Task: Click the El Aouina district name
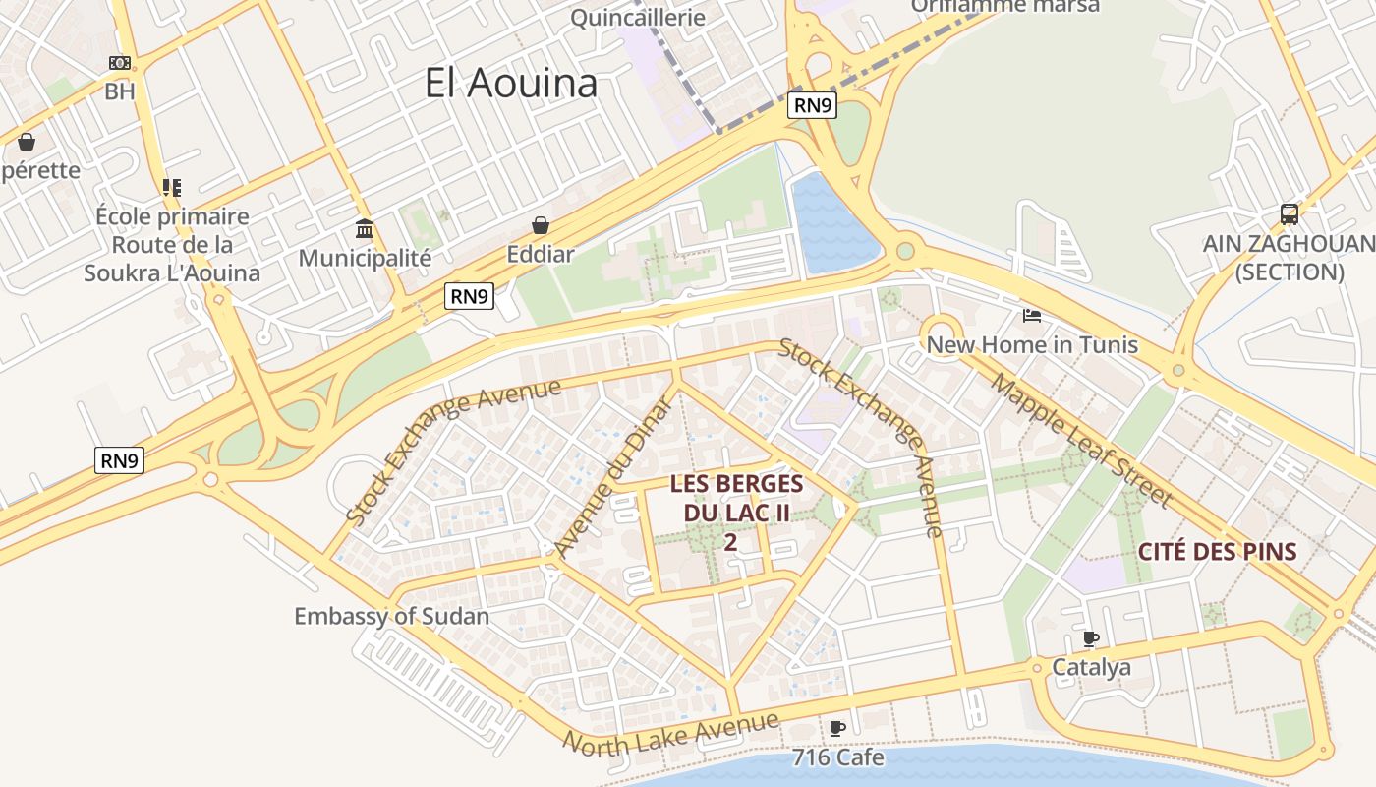pyautogui.click(x=511, y=83)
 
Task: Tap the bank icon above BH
pyautogui.click(x=120, y=63)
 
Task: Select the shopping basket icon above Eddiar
pyautogui.click(x=540, y=225)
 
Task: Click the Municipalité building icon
pyautogui.click(x=365, y=229)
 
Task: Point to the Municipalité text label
pyautogui.click(x=365, y=258)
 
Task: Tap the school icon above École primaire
pyautogui.click(x=172, y=187)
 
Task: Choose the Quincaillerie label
pyautogui.click(x=638, y=17)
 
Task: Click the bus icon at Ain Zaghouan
pyautogui.click(x=1289, y=213)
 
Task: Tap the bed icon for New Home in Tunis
pyautogui.click(x=1032, y=316)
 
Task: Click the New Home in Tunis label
pyautogui.click(x=1032, y=345)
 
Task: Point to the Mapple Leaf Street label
pyautogui.click(x=1081, y=441)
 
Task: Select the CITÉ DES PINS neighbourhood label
pyautogui.click(x=1218, y=552)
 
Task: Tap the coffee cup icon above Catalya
pyautogui.click(x=1091, y=638)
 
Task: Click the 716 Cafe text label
pyautogui.click(x=837, y=757)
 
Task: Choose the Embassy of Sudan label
pyautogui.click(x=391, y=617)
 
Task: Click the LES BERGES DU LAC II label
pyautogui.click(x=736, y=498)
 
